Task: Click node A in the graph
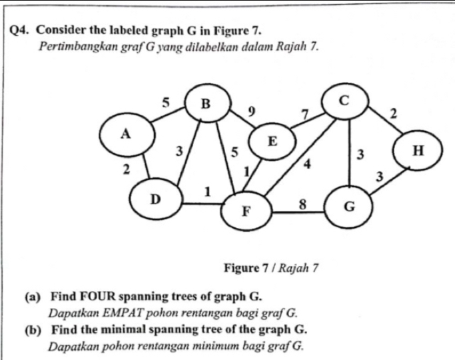(x=124, y=133)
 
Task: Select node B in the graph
(x=205, y=104)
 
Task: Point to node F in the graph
(x=245, y=212)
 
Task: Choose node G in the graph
(x=348, y=207)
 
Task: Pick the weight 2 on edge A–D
(x=126, y=169)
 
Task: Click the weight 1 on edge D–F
(x=207, y=191)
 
